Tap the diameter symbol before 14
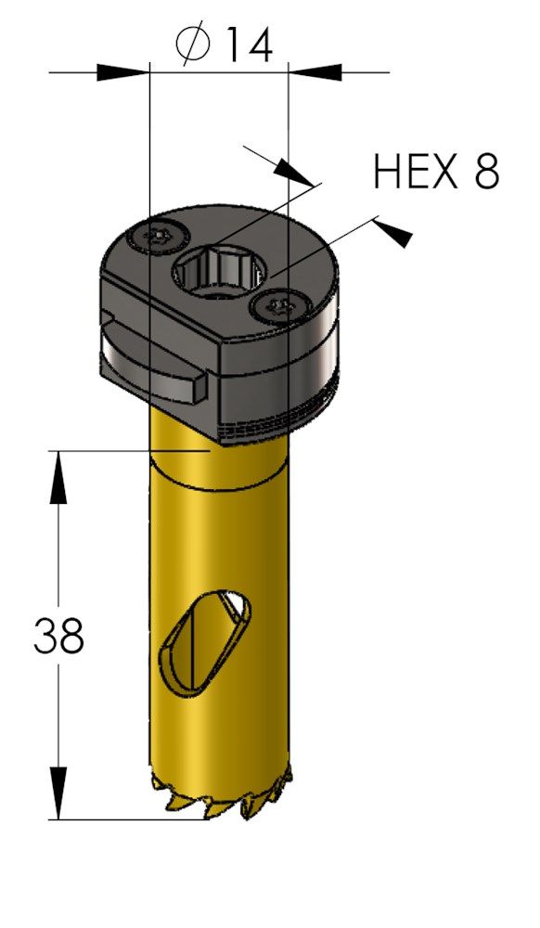(193, 43)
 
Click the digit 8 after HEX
(486, 172)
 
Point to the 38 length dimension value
(58, 636)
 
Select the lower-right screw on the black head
(280, 306)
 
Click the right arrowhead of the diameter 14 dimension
(315, 72)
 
